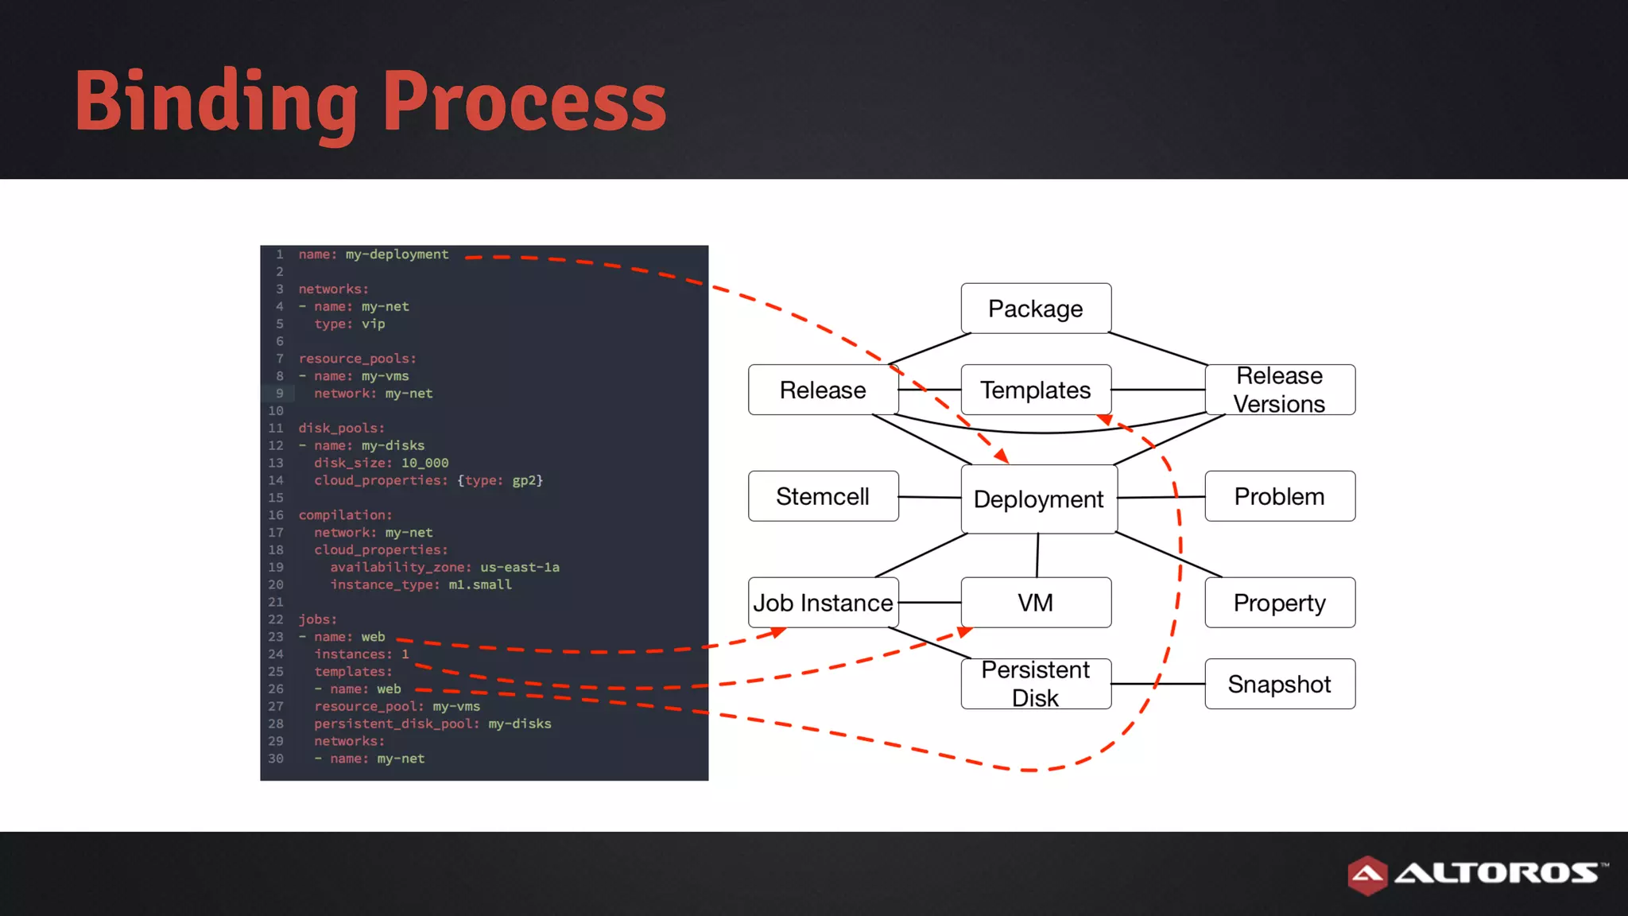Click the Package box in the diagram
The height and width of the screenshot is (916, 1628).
tap(1035, 309)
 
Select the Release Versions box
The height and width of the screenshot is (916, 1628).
tap(1279, 390)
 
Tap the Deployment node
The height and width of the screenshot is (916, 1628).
tap(1038, 499)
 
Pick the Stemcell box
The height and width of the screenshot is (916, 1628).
tap(823, 496)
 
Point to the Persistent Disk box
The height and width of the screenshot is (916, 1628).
tap(1035, 684)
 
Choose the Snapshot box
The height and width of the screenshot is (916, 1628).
tap(1279, 684)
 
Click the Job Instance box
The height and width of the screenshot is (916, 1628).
tap(823, 603)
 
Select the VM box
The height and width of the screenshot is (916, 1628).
tap(1035, 603)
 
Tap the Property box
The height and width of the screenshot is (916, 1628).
tap(1279, 603)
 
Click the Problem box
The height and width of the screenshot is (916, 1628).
tap(1279, 496)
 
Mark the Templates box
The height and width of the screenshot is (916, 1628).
tap(1035, 390)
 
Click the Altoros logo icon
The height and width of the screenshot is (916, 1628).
tap(1367, 875)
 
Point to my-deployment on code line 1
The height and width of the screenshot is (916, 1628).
tap(397, 254)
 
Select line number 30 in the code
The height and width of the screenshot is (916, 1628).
tap(276, 759)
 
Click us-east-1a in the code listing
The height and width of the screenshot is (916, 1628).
tap(519, 567)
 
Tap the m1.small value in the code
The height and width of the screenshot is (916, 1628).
tap(480, 584)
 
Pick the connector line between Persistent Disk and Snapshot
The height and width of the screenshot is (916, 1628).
tap(1157, 684)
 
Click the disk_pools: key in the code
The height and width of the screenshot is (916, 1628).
tap(341, 428)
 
